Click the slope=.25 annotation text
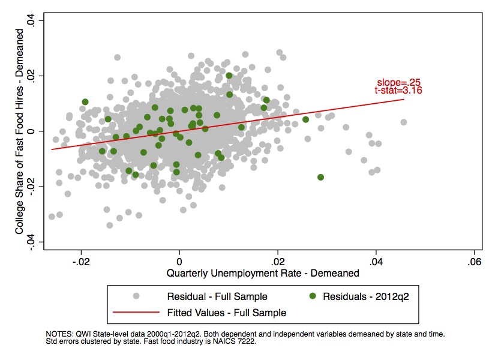[x=396, y=82]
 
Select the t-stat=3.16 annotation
[x=398, y=91]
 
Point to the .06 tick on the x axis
[x=475, y=262]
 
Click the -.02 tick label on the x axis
[x=80, y=262]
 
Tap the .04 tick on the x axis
[x=376, y=262]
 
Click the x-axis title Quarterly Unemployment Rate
[x=264, y=273]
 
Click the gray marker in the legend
[x=136, y=296]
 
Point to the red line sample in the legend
[x=136, y=313]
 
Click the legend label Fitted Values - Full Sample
[x=227, y=313]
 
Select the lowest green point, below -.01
[x=320, y=177]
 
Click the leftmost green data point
[x=85, y=102]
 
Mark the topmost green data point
[x=229, y=76]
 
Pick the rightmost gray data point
[x=404, y=122]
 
